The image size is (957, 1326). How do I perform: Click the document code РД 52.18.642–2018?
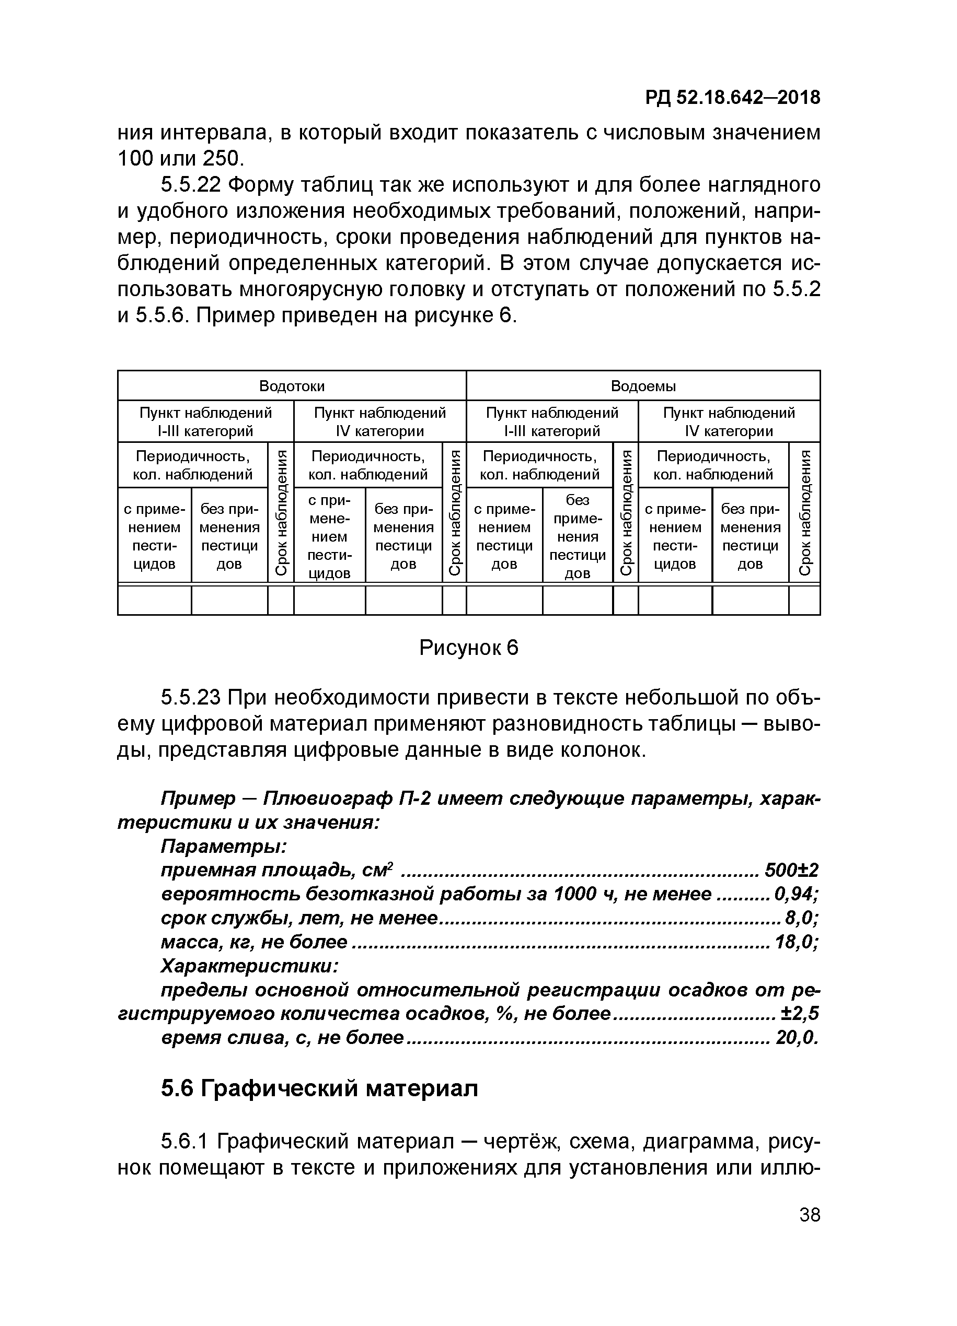[733, 98]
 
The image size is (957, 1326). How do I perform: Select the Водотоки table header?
[292, 386]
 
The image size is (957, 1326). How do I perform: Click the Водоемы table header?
[643, 386]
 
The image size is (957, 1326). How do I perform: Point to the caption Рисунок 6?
[468, 648]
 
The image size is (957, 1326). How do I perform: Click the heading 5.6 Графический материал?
[319, 1088]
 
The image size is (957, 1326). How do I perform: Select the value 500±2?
[791, 871]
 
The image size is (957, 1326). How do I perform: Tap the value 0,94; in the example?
[795, 894]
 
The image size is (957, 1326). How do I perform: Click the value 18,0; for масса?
[795, 942]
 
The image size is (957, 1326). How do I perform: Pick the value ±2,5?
[799, 1013]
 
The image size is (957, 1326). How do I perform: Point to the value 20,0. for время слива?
[795, 1038]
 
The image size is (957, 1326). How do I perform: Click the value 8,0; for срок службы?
[801, 918]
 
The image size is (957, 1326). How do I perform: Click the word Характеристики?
[249, 965]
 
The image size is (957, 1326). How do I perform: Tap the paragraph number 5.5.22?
[190, 185]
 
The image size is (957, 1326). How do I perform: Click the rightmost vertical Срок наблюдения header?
[804, 512]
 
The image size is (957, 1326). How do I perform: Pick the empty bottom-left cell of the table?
[154, 600]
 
